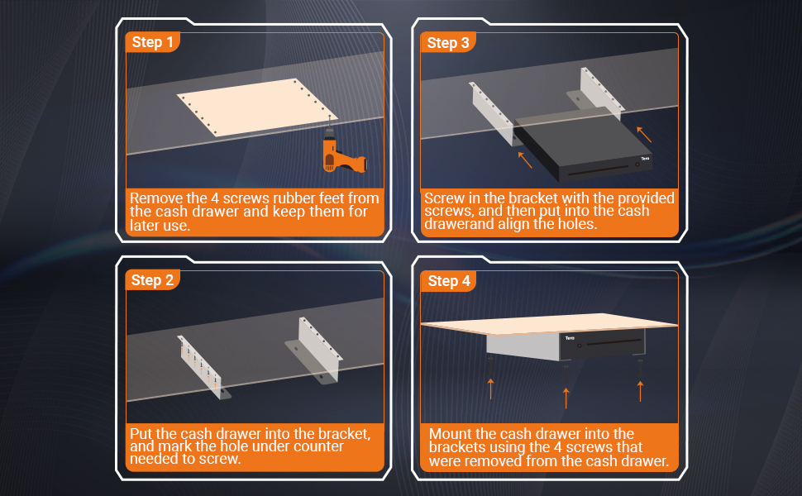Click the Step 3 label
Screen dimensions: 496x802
(447, 42)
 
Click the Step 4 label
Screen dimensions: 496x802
(448, 280)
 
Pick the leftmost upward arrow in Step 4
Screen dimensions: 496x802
(490, 387)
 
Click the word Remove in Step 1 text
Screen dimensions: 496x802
(155, 198)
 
